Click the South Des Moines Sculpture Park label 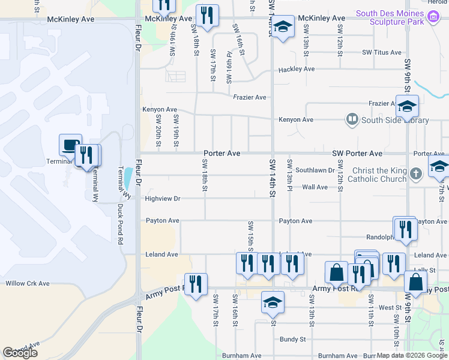pyautogui.click(x=402, y=19)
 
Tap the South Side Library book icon pyautogui.click(x=352, y=120)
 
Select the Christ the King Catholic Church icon pyautogui.click(x=415, y=175)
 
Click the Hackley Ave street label pyautogui.click(x=296, y=70)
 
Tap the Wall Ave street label pyautogui.click(x=315, y=187)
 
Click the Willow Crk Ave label pyautogui.click(x=28, y=283)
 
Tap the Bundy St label pyautogui.click(x=292, y=340)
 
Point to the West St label pyautogui.click(x=390, y=307)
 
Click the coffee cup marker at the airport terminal pyautogui.click(x=70, y=145)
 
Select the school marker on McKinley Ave pyautogui.click(x=283, y=26)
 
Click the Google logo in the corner pyautogui.click(x=20, y=353)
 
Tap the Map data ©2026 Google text pyautogui.click(x=412, y=355)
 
